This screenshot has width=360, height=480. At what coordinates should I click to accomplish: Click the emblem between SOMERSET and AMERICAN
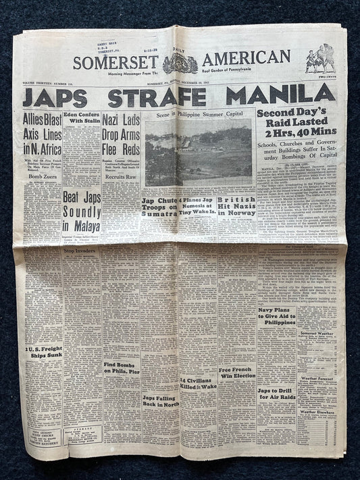(x=180, y=63)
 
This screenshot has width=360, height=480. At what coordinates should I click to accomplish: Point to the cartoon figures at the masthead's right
(x=319, y=59)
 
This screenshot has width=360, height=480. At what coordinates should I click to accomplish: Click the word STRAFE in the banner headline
(x=156, y=98)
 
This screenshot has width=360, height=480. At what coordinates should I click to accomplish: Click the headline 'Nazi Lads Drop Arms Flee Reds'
(x=120, y=130)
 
